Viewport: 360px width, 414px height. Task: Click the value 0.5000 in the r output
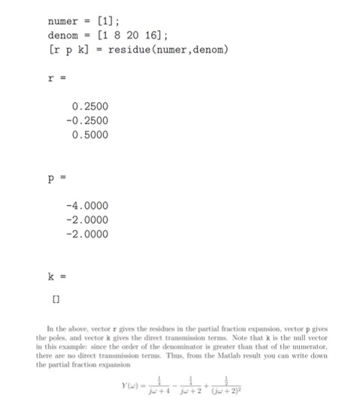(90, 135)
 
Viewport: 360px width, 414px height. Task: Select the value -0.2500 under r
(88, 121)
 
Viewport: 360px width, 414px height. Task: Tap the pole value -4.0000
(88, 205)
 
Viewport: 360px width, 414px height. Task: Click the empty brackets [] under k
(55, 298)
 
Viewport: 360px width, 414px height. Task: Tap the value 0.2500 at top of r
(90, 107)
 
